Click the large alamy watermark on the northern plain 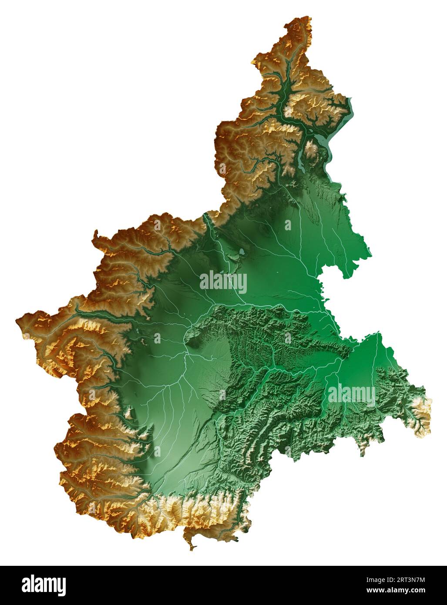click(x=223, y=282)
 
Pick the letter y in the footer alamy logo click(x=61, y=586)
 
